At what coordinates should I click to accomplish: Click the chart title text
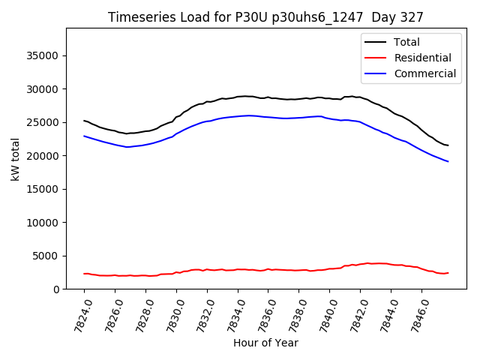tap(265, 17)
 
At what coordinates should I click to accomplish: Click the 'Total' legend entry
tap(406, 42)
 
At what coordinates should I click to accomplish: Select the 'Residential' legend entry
tap(422, 58)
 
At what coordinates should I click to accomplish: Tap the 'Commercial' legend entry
tap(424, 73)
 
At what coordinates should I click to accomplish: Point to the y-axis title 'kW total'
tap(16, 159)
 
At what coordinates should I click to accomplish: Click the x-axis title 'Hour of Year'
tap(265, 343)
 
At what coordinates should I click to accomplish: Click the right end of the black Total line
tap(448, 145)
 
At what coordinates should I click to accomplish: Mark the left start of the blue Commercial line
tap(84, 136)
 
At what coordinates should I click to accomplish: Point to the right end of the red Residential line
tap(448, 273)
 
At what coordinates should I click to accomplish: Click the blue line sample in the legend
tap(375, 73)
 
